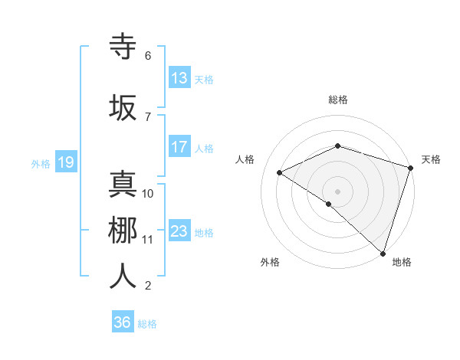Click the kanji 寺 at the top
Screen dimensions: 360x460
coord(123,46)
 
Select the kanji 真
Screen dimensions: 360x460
coord(123,184)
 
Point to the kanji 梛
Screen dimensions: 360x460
coord(123,229)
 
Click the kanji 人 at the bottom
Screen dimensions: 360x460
coord(123,275)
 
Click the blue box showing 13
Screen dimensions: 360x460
coord(179,78)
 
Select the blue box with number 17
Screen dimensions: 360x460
coord(179,147)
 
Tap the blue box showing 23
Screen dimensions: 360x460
coord(179,231)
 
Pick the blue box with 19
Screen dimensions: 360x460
coord(65,162)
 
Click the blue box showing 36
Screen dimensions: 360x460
coord(123,322)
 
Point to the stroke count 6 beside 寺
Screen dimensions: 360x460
coord(148,56)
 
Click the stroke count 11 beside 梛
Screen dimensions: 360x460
coord(148,240)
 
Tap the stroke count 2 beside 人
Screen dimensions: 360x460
coord(148,286)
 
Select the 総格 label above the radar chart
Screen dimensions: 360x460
coord(338,100)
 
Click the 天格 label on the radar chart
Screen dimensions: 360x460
coord(431,159)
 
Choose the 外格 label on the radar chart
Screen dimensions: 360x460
coord(270,262)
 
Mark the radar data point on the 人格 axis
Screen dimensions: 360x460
coord(280,172)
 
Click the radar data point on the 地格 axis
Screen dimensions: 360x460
coord(383,253)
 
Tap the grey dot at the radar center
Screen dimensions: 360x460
coord(337,191)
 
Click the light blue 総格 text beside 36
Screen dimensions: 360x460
coord(147,324)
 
